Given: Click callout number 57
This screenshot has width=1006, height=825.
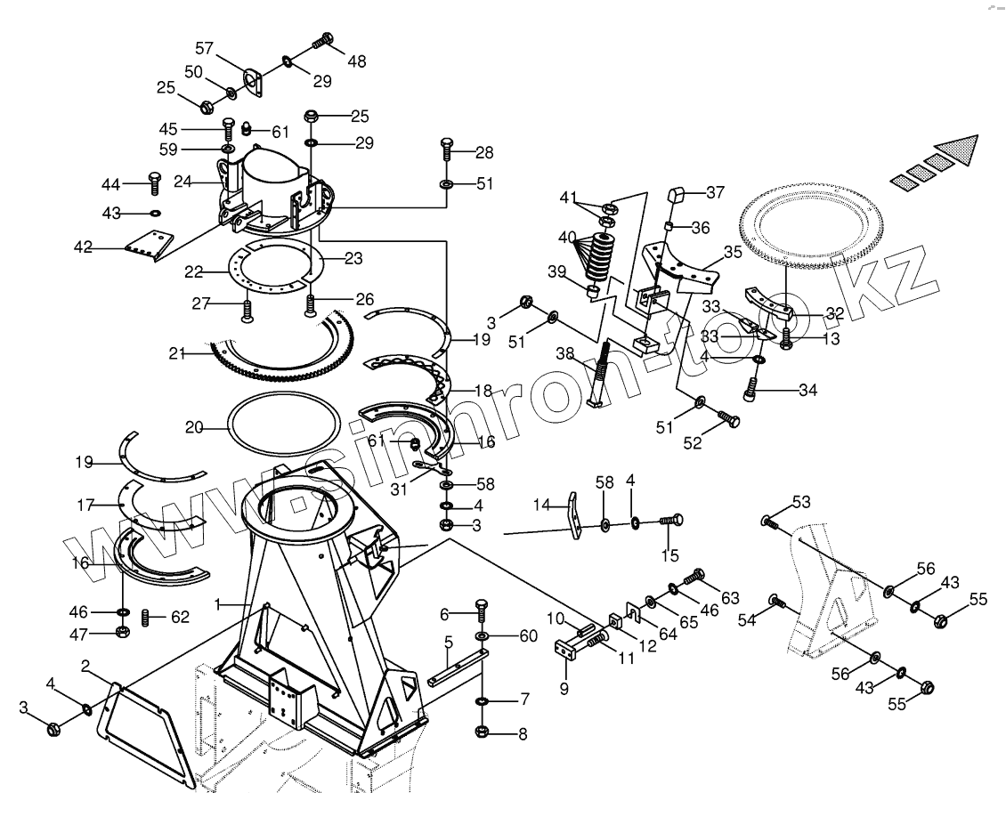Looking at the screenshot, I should [205, 48].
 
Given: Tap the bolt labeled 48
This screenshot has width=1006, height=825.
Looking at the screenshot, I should [324, 39].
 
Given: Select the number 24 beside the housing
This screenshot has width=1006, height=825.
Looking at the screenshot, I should [183, 181].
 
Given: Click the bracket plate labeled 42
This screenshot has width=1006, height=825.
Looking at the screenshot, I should [146, 245].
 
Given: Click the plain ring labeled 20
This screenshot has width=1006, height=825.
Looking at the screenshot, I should [284, 428].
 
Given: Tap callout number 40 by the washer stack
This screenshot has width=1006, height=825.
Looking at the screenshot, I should [567, 238].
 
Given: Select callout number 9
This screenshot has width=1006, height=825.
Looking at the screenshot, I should [564, 689].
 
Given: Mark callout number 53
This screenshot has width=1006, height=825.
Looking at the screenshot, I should [802, 503].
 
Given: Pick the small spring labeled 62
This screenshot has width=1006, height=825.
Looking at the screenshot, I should [148, 615].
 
